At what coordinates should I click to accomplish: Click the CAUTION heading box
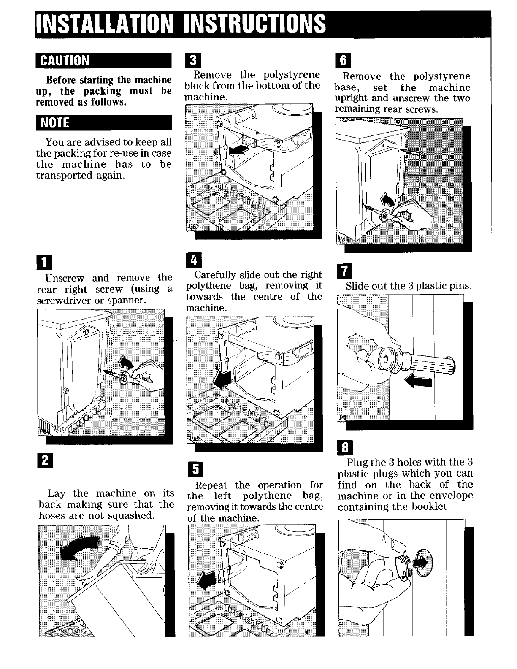point(103,61)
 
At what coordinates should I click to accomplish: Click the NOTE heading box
point(103,123)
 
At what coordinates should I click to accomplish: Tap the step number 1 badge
point(44,262)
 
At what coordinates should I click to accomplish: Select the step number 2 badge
point(45,460)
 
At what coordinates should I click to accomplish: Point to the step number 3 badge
point(193,60)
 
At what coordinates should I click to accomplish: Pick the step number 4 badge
point(194,260)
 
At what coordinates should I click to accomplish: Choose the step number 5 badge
point(195,469)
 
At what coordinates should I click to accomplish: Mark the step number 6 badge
point(343,60)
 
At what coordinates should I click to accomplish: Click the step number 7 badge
point(345,271)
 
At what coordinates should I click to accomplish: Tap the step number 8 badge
point(345,448)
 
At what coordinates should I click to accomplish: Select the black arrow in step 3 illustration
point(238,150)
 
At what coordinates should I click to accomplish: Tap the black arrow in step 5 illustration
point(206,580)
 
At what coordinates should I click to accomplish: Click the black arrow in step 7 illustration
point(418,382)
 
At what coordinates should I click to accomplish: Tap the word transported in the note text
point(64,176)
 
